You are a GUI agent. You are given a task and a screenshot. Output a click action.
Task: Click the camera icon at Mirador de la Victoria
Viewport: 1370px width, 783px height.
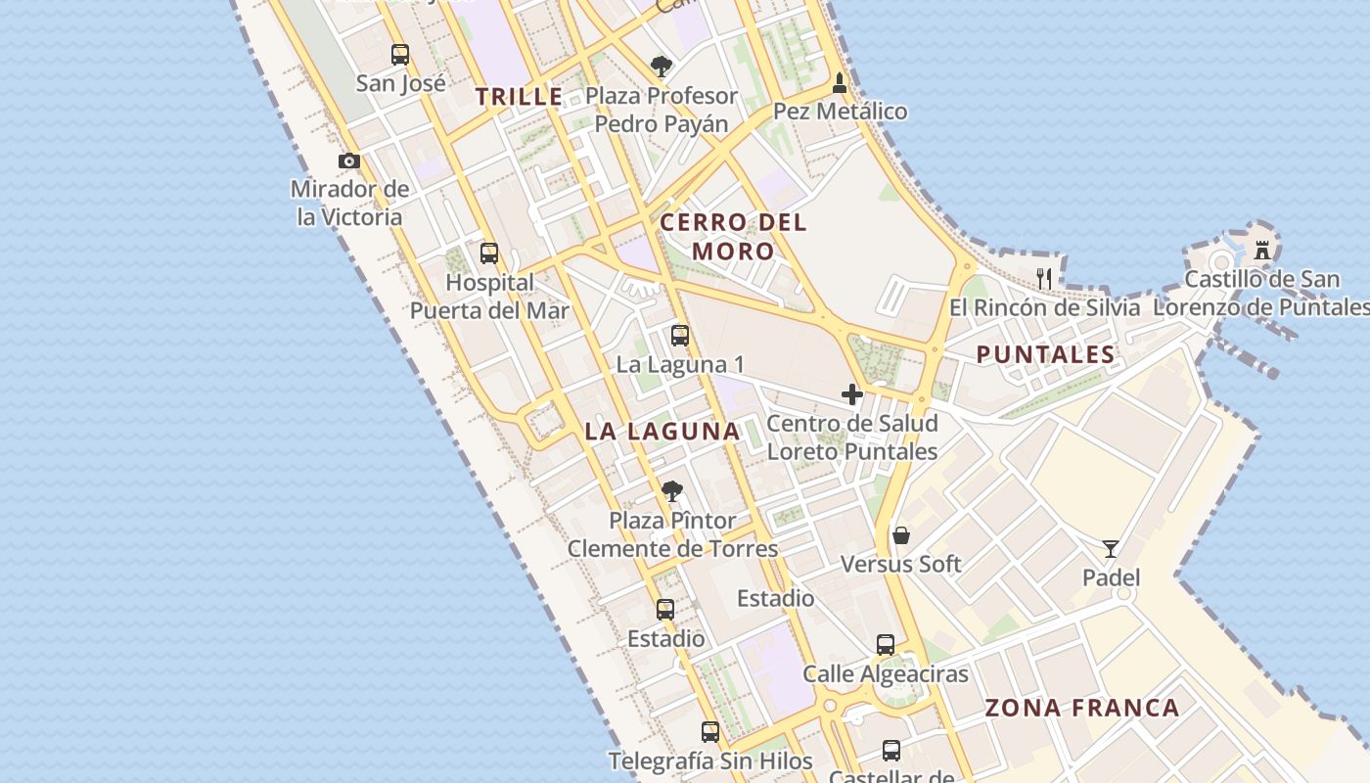[x=349, y=161]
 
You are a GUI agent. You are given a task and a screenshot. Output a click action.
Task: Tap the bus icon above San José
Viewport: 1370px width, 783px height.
[x=400, y=54]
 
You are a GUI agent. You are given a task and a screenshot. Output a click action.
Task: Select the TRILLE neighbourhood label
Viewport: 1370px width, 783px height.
[x=520, y=97]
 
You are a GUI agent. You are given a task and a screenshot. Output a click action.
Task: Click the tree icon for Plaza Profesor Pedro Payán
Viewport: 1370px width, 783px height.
[x=662, y=67]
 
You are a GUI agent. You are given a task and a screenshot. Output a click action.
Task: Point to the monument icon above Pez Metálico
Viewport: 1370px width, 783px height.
[x=840, y=83]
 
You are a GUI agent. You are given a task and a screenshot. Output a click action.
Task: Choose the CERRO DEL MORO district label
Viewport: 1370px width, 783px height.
[x=733, y=237]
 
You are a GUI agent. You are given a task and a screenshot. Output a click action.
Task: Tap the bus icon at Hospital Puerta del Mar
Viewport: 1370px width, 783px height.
[x=489, y=253]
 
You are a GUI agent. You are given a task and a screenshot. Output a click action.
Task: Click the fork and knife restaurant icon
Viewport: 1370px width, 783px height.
[x=1044, y=279]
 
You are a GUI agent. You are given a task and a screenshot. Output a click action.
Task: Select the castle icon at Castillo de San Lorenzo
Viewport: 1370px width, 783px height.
[x=1262, y=250]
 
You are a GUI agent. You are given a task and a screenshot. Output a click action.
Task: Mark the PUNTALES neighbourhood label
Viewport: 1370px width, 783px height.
[x=1045, y=354]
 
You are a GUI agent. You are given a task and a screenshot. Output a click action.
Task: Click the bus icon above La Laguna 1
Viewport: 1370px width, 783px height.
[x=680, y=336]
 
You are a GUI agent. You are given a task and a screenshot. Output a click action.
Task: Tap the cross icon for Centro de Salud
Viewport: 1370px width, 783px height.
[x=852, y=394]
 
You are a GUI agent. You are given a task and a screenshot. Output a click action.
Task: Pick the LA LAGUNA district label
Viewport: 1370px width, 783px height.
[x=662, y=431]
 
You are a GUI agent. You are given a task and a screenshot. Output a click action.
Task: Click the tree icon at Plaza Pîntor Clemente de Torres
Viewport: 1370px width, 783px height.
[x=671, y=490]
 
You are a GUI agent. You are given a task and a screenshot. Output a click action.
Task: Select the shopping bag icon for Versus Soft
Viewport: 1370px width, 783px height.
[x=901, y=535]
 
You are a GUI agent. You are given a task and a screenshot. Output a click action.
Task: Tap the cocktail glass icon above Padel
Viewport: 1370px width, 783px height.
[x=1111, y=548]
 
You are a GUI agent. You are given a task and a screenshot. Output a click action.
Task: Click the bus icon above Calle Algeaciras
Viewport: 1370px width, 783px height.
[x=886, y=644]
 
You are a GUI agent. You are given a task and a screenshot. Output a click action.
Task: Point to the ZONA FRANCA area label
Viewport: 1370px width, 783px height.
[x=1082, y=708]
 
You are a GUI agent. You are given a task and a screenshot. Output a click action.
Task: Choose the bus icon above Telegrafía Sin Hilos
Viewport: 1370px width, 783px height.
[x=710, y=731]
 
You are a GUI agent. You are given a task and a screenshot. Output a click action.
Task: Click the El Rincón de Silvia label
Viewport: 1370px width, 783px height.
[x=1045, y=307]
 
